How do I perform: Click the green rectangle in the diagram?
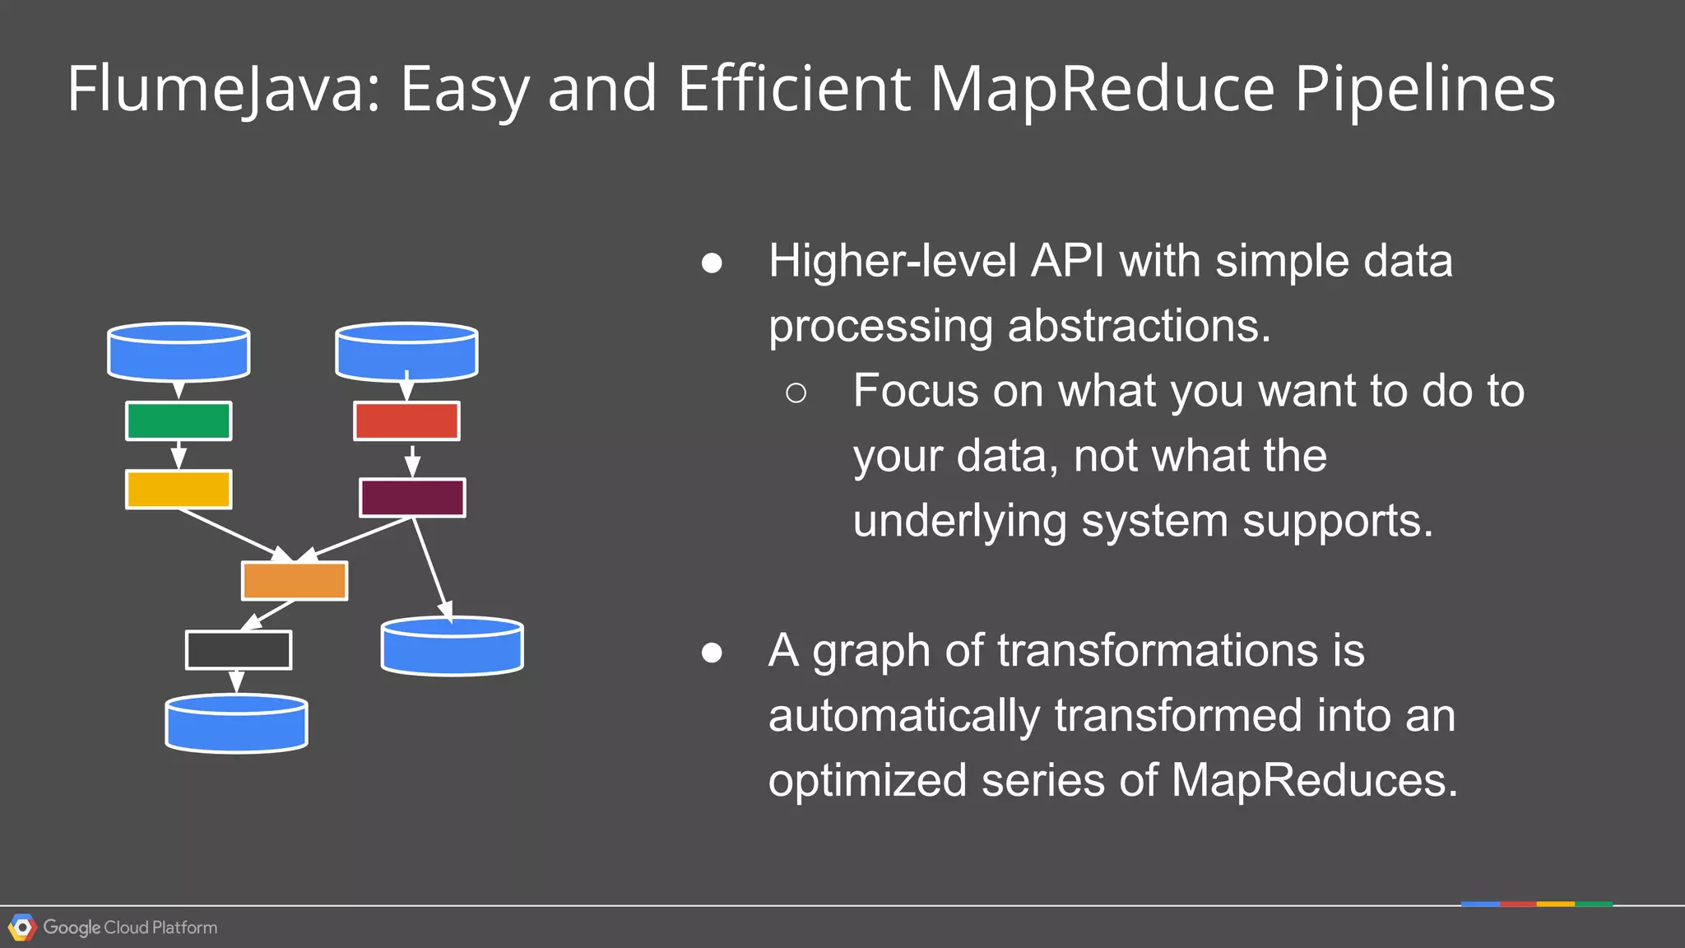pyautogui.click(x=179, y=421)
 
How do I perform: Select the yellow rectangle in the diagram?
pyautogui.click(x=179, y=490)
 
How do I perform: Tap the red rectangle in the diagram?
pyautogui.click(x=406, y=421)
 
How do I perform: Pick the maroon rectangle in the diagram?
pyautogui.click(x=412, y=498)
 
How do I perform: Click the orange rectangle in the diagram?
pyautogui.click(x=295, y=581)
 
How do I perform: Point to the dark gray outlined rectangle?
pyautogui.click(x=239, y=650)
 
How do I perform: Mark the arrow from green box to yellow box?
pyautogui.click(x=179, y=455)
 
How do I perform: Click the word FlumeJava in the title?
pyautogui.click(x=223, y=89)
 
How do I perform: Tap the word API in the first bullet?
pyautogui.click(x=1068, y=261)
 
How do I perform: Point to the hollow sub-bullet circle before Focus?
pyautogui.click(x=796, y=393)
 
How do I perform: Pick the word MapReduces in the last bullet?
pyautogui.click(x=1314, y=780)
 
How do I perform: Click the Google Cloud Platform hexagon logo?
pyautogui.click(x=22, y=927)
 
